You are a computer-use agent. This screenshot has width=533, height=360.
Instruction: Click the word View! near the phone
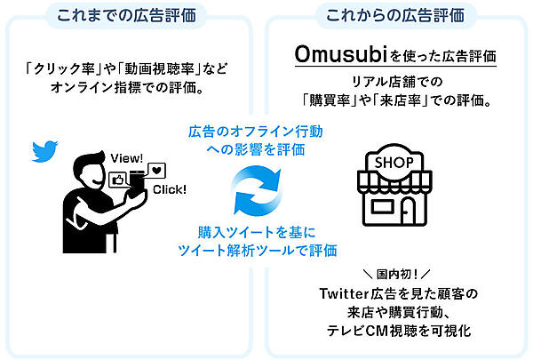point(127,158)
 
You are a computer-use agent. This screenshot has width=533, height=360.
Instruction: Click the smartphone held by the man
point(136,182)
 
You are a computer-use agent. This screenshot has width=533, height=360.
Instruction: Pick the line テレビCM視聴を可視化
point(395,331)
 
